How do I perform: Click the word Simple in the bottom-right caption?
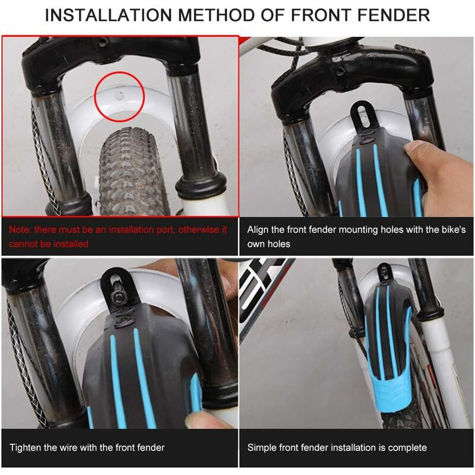[x=261, y=447]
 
